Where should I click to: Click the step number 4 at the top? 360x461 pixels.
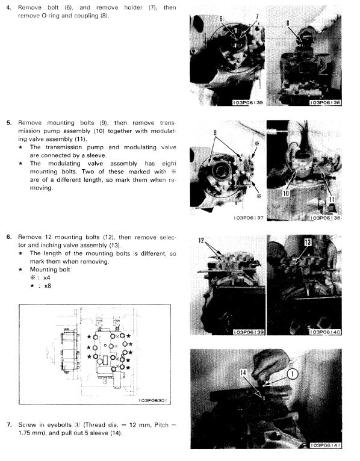8,7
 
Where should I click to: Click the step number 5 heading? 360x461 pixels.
8,122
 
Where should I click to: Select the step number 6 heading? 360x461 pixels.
8,237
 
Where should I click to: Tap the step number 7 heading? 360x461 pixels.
8,424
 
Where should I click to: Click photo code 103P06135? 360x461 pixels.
247,103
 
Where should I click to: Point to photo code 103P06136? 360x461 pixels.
324,103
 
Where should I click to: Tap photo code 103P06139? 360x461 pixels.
247,332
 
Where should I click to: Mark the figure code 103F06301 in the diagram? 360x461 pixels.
153,400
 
